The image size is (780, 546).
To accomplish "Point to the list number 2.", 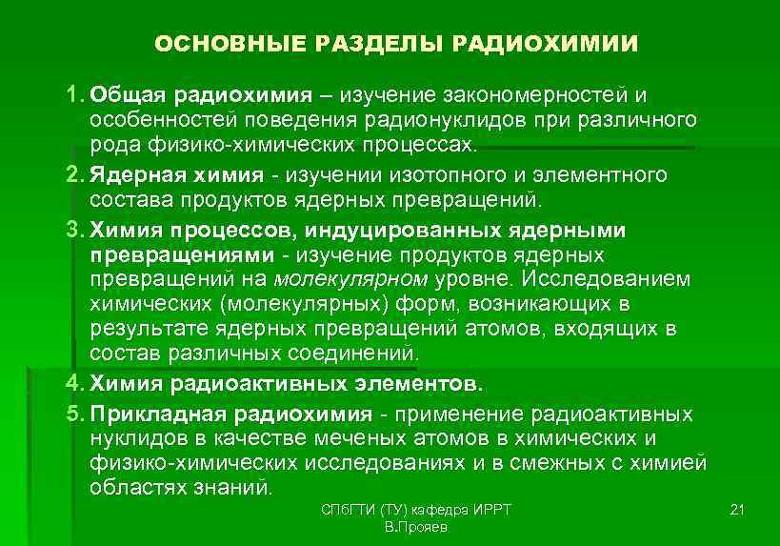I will coord(74,175).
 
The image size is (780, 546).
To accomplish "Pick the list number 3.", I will coord(74,230).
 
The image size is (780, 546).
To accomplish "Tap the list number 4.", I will coord(74,385).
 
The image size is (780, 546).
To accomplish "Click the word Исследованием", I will coord(611,280).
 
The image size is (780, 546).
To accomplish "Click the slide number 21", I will coord(735,511).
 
